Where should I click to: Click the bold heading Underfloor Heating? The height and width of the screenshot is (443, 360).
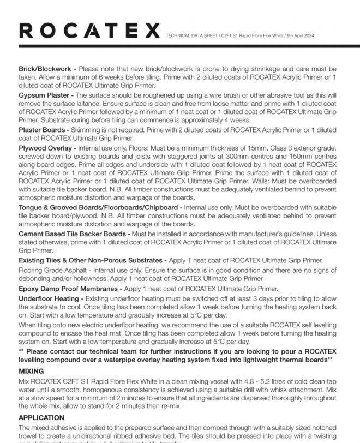(50, 298)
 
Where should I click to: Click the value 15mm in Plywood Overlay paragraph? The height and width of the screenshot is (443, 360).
(263, 147)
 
